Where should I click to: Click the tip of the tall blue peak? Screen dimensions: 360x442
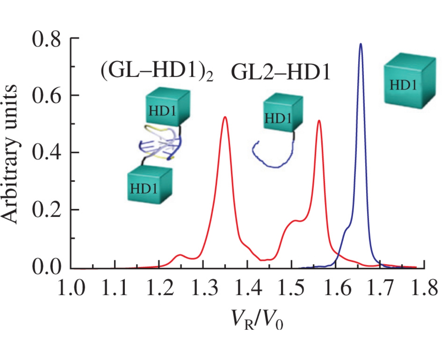360,44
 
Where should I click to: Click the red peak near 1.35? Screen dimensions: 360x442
225,117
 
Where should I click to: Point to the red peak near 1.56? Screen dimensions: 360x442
319,121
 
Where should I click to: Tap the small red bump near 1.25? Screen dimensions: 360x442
180,255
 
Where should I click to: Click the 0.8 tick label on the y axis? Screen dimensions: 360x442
46,39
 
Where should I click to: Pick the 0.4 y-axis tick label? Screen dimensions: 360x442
46,152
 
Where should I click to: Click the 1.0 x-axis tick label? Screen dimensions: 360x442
71,287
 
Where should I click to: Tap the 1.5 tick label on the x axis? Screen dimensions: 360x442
291,287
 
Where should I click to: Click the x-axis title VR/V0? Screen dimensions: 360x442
257,320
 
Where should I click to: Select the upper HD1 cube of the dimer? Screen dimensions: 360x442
168,106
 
